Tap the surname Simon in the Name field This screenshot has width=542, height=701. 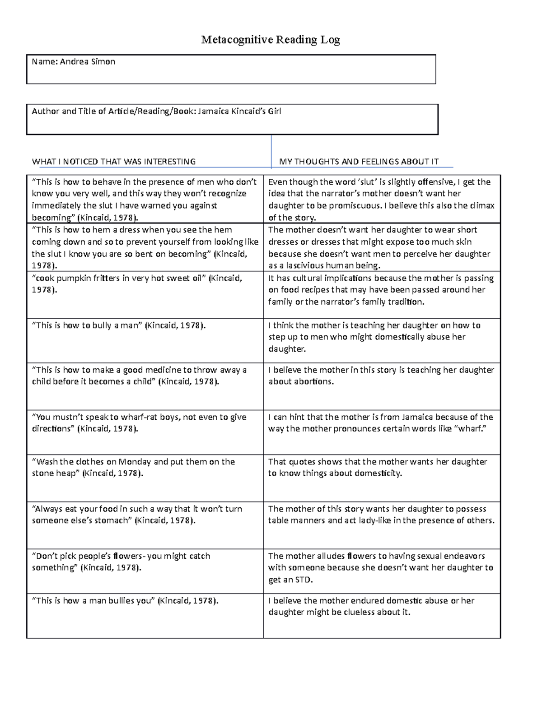[103, 62]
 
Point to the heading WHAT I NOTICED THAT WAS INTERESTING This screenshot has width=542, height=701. [114, 162]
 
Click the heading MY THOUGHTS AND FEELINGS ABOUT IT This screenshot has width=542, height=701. [359, 162]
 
